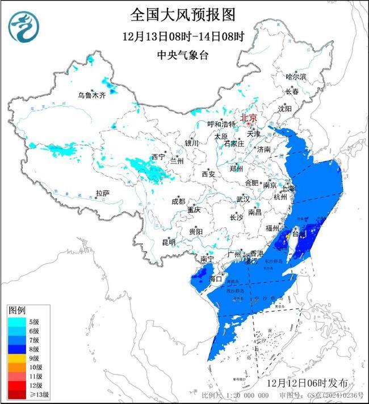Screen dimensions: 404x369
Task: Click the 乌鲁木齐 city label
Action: click(92, 95)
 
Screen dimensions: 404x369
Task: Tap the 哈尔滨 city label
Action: click(296, 76)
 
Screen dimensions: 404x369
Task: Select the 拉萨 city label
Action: click(102, 194)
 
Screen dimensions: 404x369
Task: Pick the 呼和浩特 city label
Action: click(221, 124)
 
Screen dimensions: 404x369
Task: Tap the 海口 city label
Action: click(215, 279)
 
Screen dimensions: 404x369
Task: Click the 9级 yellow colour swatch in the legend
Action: click(15, 358)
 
